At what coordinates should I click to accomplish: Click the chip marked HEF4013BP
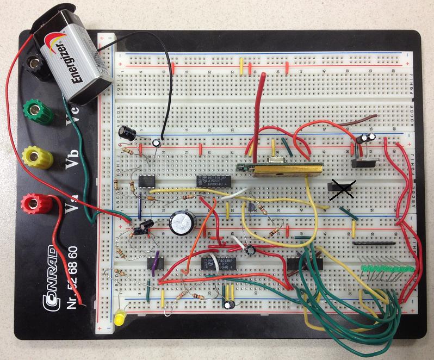coord(218,263)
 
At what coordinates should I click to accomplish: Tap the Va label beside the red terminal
coord(71,205)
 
